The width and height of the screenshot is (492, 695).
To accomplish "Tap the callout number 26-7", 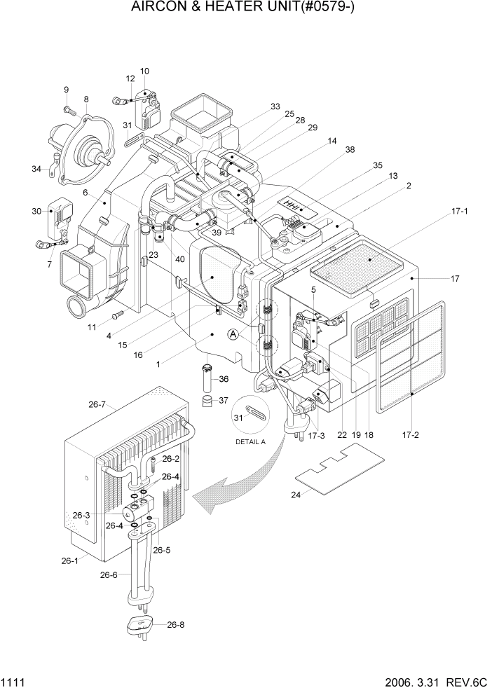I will (97, 404).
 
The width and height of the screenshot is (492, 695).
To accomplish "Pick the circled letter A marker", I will (234, 336).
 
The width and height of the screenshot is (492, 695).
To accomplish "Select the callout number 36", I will (224, 379).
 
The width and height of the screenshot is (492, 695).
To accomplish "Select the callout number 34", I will (36, 168).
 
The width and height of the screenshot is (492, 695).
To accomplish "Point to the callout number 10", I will (144, 71).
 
